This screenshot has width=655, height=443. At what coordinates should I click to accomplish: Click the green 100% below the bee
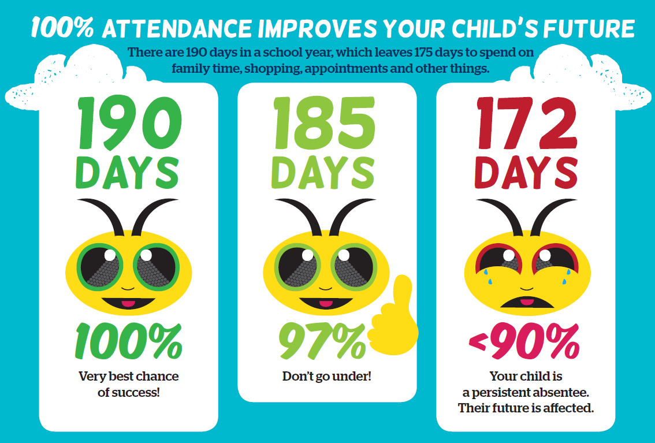(128, 341)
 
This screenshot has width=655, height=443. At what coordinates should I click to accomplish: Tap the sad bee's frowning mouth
(523, 301)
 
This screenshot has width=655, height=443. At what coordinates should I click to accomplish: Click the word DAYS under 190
(128, 172)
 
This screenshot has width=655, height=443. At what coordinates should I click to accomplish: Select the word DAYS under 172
(526, 172)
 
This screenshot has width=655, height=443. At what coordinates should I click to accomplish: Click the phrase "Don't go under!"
(327, 377)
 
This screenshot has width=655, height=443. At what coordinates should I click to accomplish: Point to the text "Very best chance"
(129, 377)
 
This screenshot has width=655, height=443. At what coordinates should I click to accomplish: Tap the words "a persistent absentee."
(526, 393)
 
